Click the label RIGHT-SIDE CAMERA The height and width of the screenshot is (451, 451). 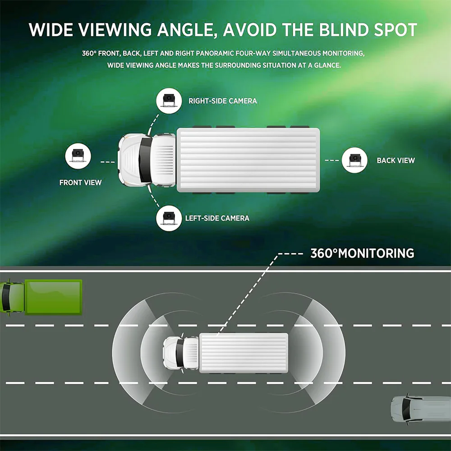point(223,101)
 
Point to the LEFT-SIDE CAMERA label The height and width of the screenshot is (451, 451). point(217,218)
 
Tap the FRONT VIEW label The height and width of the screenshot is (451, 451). point(81,183)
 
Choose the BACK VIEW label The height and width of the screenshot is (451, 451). point(396,161)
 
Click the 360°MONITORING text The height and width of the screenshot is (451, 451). point(362,253)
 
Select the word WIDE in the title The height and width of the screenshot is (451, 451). point(50,30)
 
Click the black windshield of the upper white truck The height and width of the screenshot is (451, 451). point(146,160)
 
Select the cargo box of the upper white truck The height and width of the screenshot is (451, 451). point(248,160)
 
